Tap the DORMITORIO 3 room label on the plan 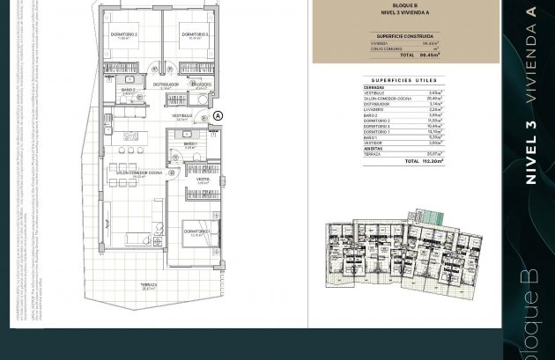195,34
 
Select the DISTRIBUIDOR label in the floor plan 164,84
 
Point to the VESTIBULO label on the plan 182,116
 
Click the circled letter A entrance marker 218,115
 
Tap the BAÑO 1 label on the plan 189,143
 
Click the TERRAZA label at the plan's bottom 149,285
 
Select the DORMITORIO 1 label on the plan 196,231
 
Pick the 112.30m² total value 432,162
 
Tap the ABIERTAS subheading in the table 372,148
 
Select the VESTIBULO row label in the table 375,92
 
